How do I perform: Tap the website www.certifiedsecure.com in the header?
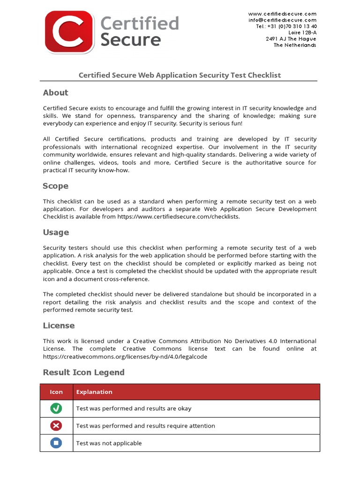282,14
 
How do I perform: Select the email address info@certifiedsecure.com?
282,20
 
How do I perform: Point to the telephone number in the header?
286,27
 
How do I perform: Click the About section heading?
55,93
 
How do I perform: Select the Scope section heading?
55,186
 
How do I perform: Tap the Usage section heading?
56,232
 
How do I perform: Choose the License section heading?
59,325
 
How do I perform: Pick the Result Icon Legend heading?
83,372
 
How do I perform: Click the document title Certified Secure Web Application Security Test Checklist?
180,75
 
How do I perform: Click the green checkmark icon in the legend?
56,408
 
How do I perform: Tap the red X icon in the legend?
56,426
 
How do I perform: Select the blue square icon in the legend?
56,443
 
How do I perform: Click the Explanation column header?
94,392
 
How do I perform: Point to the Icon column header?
56,392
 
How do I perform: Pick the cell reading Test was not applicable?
109,443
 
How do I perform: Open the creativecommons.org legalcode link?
125,357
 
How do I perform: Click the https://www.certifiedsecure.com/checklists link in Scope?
178,217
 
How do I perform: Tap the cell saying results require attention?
145,426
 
